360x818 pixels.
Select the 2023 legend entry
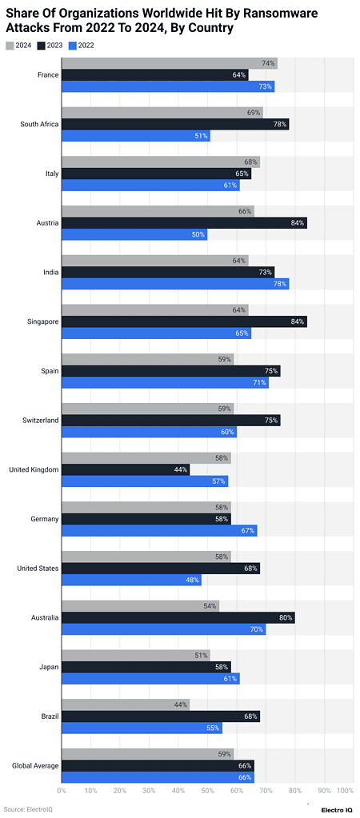[52, 46]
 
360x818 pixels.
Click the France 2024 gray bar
[169, 63]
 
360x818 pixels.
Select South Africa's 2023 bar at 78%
[175, 125]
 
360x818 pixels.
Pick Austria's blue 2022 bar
[134, 234]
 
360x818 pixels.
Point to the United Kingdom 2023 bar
[126, 469]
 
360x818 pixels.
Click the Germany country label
[45, 519]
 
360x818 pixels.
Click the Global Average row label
[35, 765]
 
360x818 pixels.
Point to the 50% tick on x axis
[207, 790]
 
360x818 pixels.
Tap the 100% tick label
[345, 790]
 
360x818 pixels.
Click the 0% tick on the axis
[62, 790]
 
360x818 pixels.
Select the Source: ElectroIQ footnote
[28, 808]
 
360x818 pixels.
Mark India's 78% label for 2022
[280, 284]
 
